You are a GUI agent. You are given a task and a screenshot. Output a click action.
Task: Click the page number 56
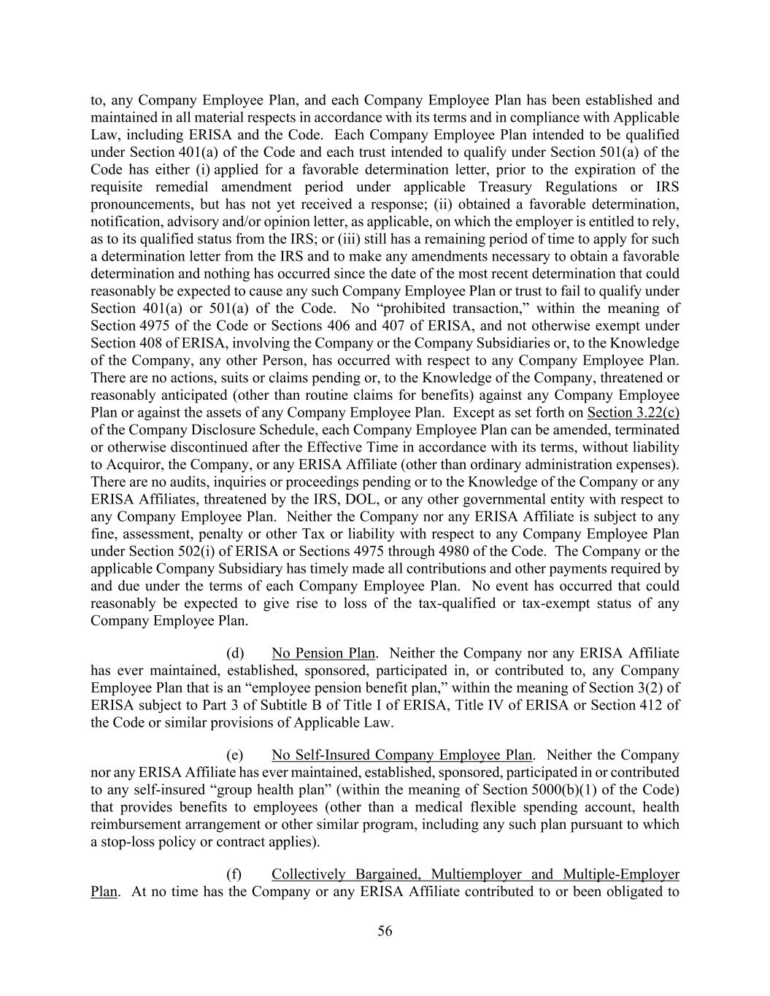pyautogui.click(x=385, y=931)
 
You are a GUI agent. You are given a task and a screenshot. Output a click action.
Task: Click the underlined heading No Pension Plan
pyautogui.click(x=323, y=653)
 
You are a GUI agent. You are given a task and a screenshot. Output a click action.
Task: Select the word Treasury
pyautogui.click(x=493, y=187)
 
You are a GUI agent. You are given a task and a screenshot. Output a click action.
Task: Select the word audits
pyautogui.click(x=178, y=482)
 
